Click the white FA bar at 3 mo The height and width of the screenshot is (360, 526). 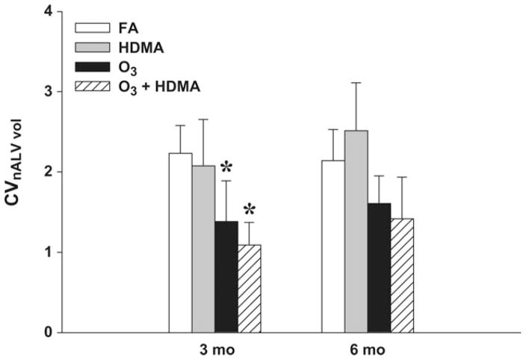[180, 243]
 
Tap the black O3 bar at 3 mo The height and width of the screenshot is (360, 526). [226, 276]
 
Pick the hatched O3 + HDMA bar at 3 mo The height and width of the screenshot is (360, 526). [250, 288]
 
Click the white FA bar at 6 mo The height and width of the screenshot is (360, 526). [333, 246]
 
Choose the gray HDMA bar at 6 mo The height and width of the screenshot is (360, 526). [356, 232]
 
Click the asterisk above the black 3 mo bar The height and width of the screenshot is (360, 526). [226, 166]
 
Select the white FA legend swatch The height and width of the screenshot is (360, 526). [87, 28]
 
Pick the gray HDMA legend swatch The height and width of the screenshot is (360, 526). [87, 47]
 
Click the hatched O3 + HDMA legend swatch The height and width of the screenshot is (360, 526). [87, 87]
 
